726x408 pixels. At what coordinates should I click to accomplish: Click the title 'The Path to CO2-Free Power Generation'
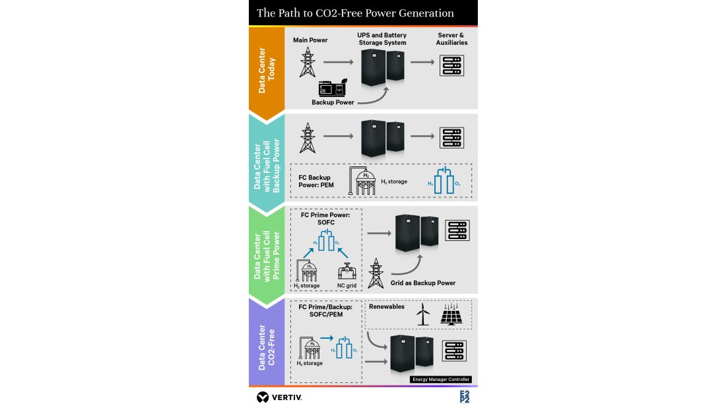coord(355,13)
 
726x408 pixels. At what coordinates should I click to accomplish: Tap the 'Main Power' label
coord(310,40)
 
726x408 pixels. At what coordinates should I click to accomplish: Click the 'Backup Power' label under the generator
coord(333,102)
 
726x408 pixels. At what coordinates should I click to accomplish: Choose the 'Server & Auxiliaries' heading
coord(451,39)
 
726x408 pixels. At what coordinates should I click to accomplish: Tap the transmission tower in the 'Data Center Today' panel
coord(307,63)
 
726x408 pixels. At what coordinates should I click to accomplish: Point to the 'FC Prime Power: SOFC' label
coord(322,219)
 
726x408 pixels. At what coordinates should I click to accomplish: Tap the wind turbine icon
coord(423,314)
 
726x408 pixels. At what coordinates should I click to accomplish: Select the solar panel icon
coord(452,314)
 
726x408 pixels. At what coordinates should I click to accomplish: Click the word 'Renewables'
coord(387,306)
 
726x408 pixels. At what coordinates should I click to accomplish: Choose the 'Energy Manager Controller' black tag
coord(441,380)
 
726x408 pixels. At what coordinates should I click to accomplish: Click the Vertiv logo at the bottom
coord(279,397)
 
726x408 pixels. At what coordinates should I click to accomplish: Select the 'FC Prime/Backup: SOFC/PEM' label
coord(325,311)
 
